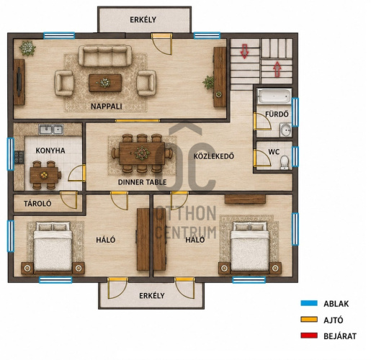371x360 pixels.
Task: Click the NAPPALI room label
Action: click(107, 107)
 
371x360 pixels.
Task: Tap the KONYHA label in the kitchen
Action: click(50, 150)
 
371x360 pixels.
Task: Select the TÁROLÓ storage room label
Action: click(37, 204)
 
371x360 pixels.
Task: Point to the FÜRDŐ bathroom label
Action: click(277, 114)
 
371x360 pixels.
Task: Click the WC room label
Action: click(274, 152)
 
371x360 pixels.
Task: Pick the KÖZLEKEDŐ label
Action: click(214, 156)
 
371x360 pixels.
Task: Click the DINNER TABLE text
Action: click(143, 182)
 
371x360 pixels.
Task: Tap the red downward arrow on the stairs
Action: click(244, 51)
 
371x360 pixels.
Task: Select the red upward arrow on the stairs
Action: click(277, 69)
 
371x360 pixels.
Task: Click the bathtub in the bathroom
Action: click(274, 96)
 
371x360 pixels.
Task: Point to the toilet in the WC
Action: click(285, 163)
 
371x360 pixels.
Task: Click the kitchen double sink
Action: click(51, 130)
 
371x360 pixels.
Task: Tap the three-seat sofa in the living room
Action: click(105, 55)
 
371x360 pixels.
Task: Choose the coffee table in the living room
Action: click(105, 83)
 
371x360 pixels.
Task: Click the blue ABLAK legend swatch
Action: click(309, 303)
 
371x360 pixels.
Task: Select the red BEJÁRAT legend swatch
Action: click(309, 336)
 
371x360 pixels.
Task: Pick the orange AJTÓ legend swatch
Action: click(309, 320)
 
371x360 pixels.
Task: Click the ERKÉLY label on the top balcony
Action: click(143, 19)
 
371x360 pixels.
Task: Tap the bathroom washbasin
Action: click(285, 130)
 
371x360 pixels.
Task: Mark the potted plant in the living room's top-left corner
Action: click(27, 48)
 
